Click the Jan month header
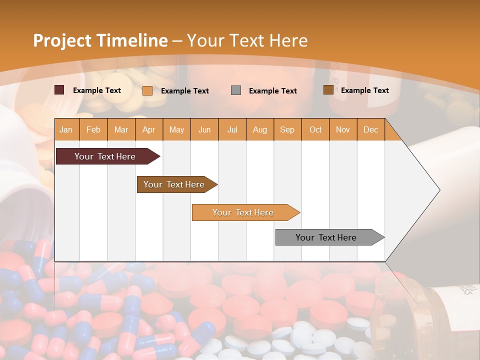(x=66, y=129)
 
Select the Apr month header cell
(x=149, y=129)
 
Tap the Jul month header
(x=232, y=129)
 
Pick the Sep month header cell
(x=287, y=129)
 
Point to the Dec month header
(x=370, y=129)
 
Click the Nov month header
(x=343, y=129)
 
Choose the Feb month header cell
(x=93, y=129)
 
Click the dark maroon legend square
(x=59, y=90)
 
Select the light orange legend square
(x=147, y=90)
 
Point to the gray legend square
(x=236, y=90)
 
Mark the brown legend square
(x=328, y=90)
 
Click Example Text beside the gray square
(x=272, y=90)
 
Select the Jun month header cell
(x=204, y=129)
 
